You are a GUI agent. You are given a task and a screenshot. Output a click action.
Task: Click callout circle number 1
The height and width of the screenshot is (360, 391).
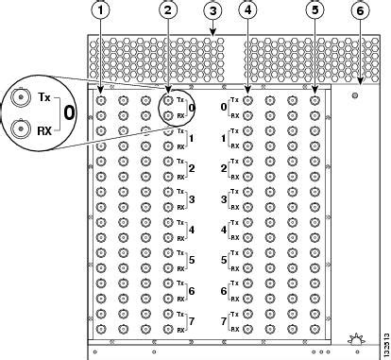[101, 11]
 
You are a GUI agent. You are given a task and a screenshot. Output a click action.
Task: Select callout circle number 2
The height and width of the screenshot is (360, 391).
[168, 11]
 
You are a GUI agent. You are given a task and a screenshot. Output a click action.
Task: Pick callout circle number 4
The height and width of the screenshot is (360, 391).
[247, 11]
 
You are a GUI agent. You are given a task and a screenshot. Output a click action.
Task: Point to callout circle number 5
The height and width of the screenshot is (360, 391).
[314, 11]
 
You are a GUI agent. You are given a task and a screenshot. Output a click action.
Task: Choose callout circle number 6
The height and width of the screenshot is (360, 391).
[360, 11]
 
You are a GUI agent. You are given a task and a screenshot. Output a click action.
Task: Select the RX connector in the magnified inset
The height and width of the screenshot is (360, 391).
[19, 129]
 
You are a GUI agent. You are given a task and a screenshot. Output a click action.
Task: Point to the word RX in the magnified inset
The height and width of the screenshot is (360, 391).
[43, 129]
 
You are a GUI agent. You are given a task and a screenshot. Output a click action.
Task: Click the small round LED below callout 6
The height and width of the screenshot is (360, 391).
[353, 95]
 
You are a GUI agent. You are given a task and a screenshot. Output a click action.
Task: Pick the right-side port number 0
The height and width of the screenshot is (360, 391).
[223, 107]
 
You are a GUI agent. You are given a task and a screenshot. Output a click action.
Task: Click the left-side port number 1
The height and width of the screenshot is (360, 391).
[193, 138]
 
